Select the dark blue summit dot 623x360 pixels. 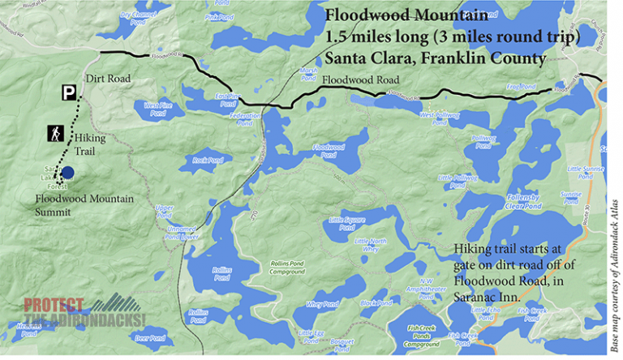[x=69, y=172]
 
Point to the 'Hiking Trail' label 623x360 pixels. [x=90, y=144]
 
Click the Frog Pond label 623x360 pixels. [x=523, y=86]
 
